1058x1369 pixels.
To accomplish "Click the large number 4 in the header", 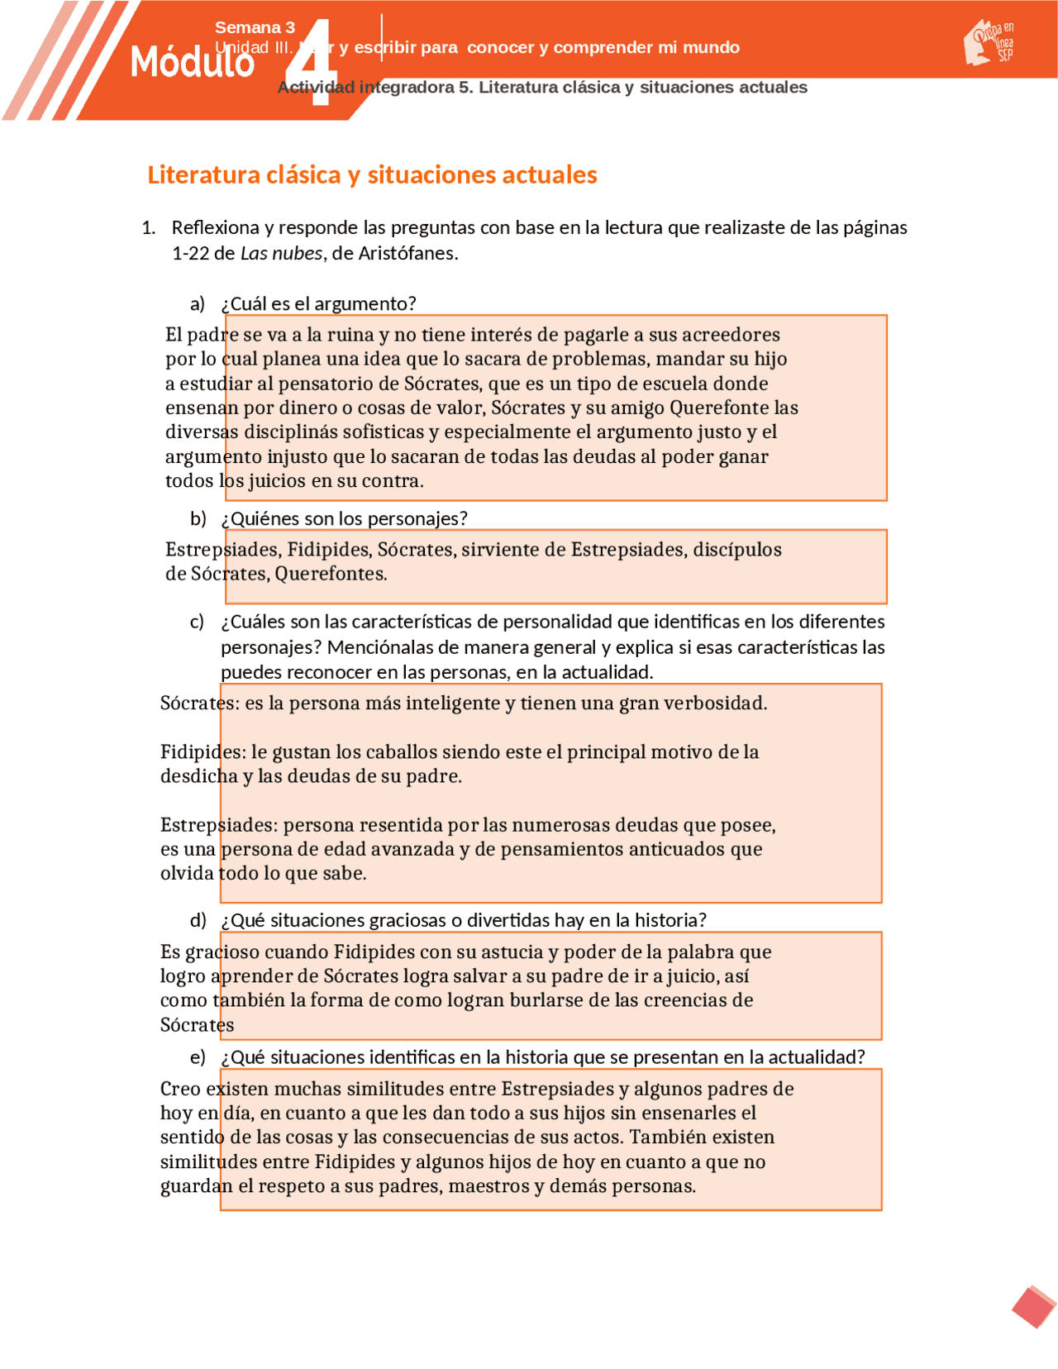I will point(315,64).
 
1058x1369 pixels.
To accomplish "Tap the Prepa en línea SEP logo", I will point(989,43).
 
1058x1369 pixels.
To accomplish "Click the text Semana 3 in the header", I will point(255,27).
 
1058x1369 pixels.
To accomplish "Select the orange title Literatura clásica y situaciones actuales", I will point(372,174).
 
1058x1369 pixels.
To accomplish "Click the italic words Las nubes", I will point(281,253).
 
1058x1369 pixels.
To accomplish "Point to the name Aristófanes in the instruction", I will point(407,253).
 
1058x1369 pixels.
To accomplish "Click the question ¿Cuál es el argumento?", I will point(318,303).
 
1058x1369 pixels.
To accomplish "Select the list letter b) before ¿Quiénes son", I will point(198,518).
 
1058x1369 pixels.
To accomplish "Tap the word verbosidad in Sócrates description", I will point(715,703).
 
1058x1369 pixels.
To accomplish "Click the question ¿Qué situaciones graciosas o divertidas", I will point(463,920).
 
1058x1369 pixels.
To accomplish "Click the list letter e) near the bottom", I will point(198,1057).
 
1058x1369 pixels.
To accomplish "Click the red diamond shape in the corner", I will point(1033,1307).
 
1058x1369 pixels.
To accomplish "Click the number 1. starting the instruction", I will point(149,228).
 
